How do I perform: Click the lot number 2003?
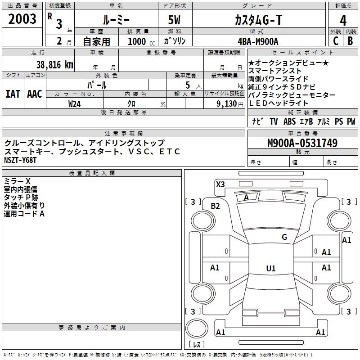[x=22, y=19]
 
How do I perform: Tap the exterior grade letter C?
[x=336, y=40]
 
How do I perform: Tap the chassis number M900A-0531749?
[x=302, y=143]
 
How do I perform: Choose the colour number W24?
[x=74, y=104]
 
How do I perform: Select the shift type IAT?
[x=13, y=94]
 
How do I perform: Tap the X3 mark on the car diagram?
[x=220, y=184]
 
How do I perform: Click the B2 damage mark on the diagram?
[x=216, y=206]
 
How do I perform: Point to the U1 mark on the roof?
[x=270, y=268]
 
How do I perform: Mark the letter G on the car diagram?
[x=284, y=237]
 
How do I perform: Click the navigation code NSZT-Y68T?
[x=22, y=160]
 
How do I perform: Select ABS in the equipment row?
[x=289, y=121]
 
